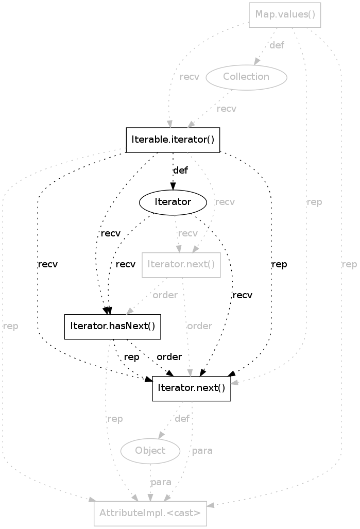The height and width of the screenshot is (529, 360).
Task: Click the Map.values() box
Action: [x=285, y=14]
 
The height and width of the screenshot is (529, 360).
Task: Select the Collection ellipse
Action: [x=246, y=77]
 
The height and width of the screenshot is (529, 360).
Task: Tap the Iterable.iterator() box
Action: [x=173, y=140]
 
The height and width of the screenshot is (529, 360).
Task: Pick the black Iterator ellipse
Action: [x=173, y=202]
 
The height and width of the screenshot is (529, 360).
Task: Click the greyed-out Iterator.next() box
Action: [x=181, y=265]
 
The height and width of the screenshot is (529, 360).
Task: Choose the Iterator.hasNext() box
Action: [x=112, y=327]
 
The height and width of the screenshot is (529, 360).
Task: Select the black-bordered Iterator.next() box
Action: [x=191, y=388]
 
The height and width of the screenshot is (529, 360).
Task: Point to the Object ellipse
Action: [x=150, y=451]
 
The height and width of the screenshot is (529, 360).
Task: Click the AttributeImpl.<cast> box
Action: [x=150, y=513]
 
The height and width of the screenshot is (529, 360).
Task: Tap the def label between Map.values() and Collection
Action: [x=277, y=45]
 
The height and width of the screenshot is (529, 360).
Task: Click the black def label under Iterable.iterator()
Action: [x=180, y=170]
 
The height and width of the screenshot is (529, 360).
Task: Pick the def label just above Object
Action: [x=182, y=419]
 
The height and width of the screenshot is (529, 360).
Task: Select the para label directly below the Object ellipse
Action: [x=161, y=482]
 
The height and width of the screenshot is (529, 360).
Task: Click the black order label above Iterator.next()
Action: [x=169, y=357]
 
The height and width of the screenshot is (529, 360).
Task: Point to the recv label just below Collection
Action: [x=227, y=109]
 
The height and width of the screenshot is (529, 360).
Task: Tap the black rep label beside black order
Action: [x=132, y=357]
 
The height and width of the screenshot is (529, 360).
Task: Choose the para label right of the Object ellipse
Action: [x=202, y=451]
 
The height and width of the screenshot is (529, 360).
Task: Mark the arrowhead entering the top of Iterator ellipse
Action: [x=173, y=189]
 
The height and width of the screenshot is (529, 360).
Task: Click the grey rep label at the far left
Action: [x=10, y=327]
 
